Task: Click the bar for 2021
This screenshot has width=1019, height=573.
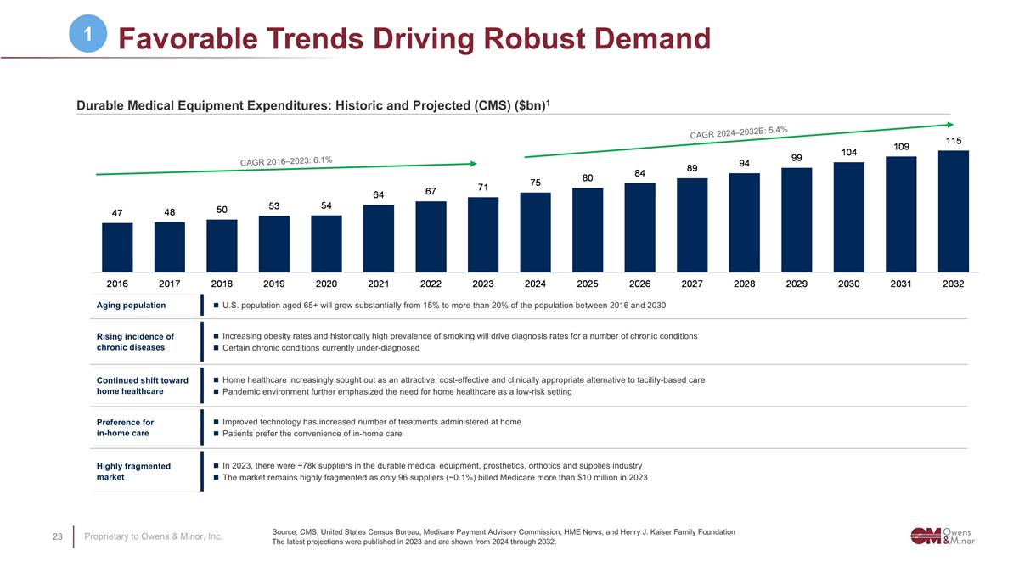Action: tap(379, 240)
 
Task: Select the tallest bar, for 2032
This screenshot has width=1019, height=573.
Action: tap(953, 211)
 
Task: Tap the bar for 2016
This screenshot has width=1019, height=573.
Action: tap(117, 247)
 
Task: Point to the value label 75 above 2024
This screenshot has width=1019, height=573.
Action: tap(536, 183)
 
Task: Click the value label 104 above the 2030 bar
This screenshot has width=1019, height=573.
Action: tap(848, 152)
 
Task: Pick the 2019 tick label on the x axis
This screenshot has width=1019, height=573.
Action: tap(274, 284)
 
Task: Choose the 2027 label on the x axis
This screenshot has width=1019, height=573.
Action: tap(692, 284)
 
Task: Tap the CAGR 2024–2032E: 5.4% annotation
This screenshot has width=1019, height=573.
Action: tap(739, 132)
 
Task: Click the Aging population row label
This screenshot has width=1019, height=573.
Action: tap(132, 306)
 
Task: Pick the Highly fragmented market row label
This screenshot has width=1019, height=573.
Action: tap(133, 471)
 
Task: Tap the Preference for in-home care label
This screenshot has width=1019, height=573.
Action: tap(125, 427)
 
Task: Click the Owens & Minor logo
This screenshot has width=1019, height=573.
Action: tap(943, 535)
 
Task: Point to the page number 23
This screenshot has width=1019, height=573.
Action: tap(58, 536)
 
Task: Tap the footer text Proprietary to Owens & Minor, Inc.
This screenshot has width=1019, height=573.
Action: tap(153, 536)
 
